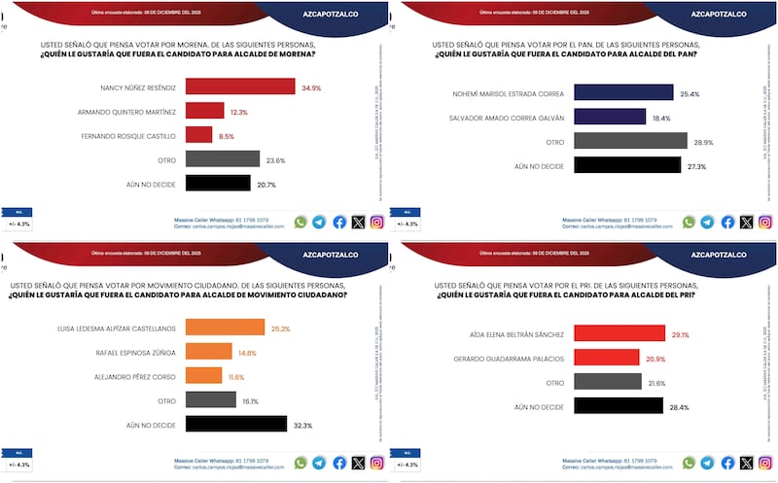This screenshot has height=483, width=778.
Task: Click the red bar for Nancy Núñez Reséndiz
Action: [239, 86]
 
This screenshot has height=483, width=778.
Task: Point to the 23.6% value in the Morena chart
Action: [276, 159]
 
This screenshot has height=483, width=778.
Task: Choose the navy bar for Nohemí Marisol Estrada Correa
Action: [623, 92]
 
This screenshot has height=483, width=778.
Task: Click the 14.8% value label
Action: [248, 352]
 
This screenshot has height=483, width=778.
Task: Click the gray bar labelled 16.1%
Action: [210, 399]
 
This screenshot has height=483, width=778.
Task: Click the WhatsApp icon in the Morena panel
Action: [301, 223]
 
